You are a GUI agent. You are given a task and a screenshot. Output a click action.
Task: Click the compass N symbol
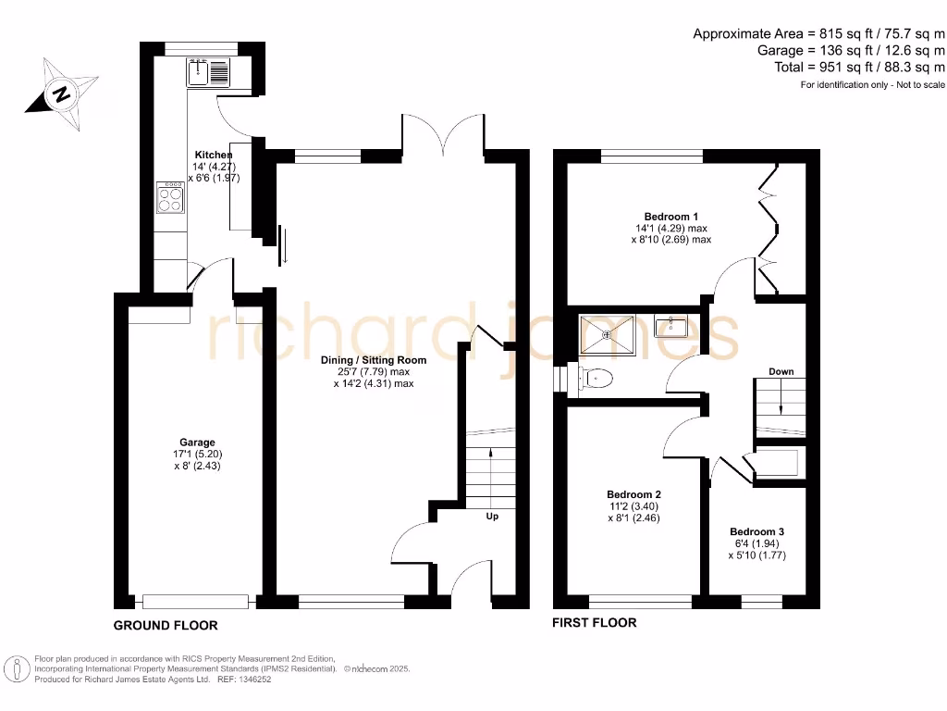point(61,94)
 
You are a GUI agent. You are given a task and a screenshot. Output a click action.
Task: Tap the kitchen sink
point(208,72)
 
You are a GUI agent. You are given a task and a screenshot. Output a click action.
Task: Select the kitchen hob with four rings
point(170,198)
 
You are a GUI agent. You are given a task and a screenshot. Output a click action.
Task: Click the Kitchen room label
point(214,155)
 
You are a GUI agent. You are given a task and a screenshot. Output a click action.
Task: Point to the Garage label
point(197,443)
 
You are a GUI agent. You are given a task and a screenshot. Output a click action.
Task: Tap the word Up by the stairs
point(492,517)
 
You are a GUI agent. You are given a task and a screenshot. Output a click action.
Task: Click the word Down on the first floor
point(781,372)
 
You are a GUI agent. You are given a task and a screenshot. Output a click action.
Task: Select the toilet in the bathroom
point(596,379)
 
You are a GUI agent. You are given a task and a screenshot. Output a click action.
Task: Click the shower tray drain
point(607,335)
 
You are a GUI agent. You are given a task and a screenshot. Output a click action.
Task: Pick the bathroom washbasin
point(670,327)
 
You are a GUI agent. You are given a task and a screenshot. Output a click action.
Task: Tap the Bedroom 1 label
point(671,217)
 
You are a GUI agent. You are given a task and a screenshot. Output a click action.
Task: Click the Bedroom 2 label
point(633,494)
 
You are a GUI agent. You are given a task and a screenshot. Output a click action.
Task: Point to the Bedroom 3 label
point(756,532)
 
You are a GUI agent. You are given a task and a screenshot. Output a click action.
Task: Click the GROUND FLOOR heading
point(166,626)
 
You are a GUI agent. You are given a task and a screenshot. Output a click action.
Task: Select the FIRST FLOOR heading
point(595,623)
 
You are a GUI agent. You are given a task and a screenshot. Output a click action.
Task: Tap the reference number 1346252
point(254,680)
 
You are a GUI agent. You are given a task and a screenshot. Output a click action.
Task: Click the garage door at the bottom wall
point(195,601)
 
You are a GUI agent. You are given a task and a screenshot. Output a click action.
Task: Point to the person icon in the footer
point(17,670)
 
